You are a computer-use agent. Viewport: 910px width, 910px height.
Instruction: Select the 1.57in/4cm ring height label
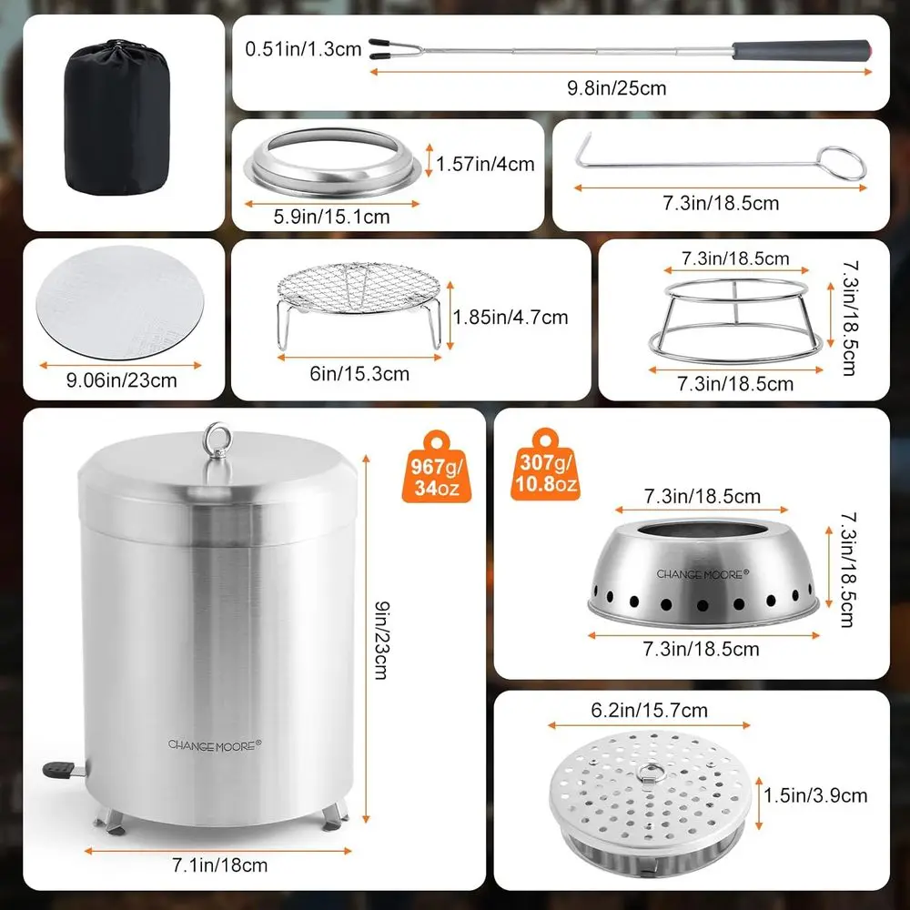[485, 165]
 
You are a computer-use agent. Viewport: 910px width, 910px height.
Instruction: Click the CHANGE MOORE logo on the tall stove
[214, 744]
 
